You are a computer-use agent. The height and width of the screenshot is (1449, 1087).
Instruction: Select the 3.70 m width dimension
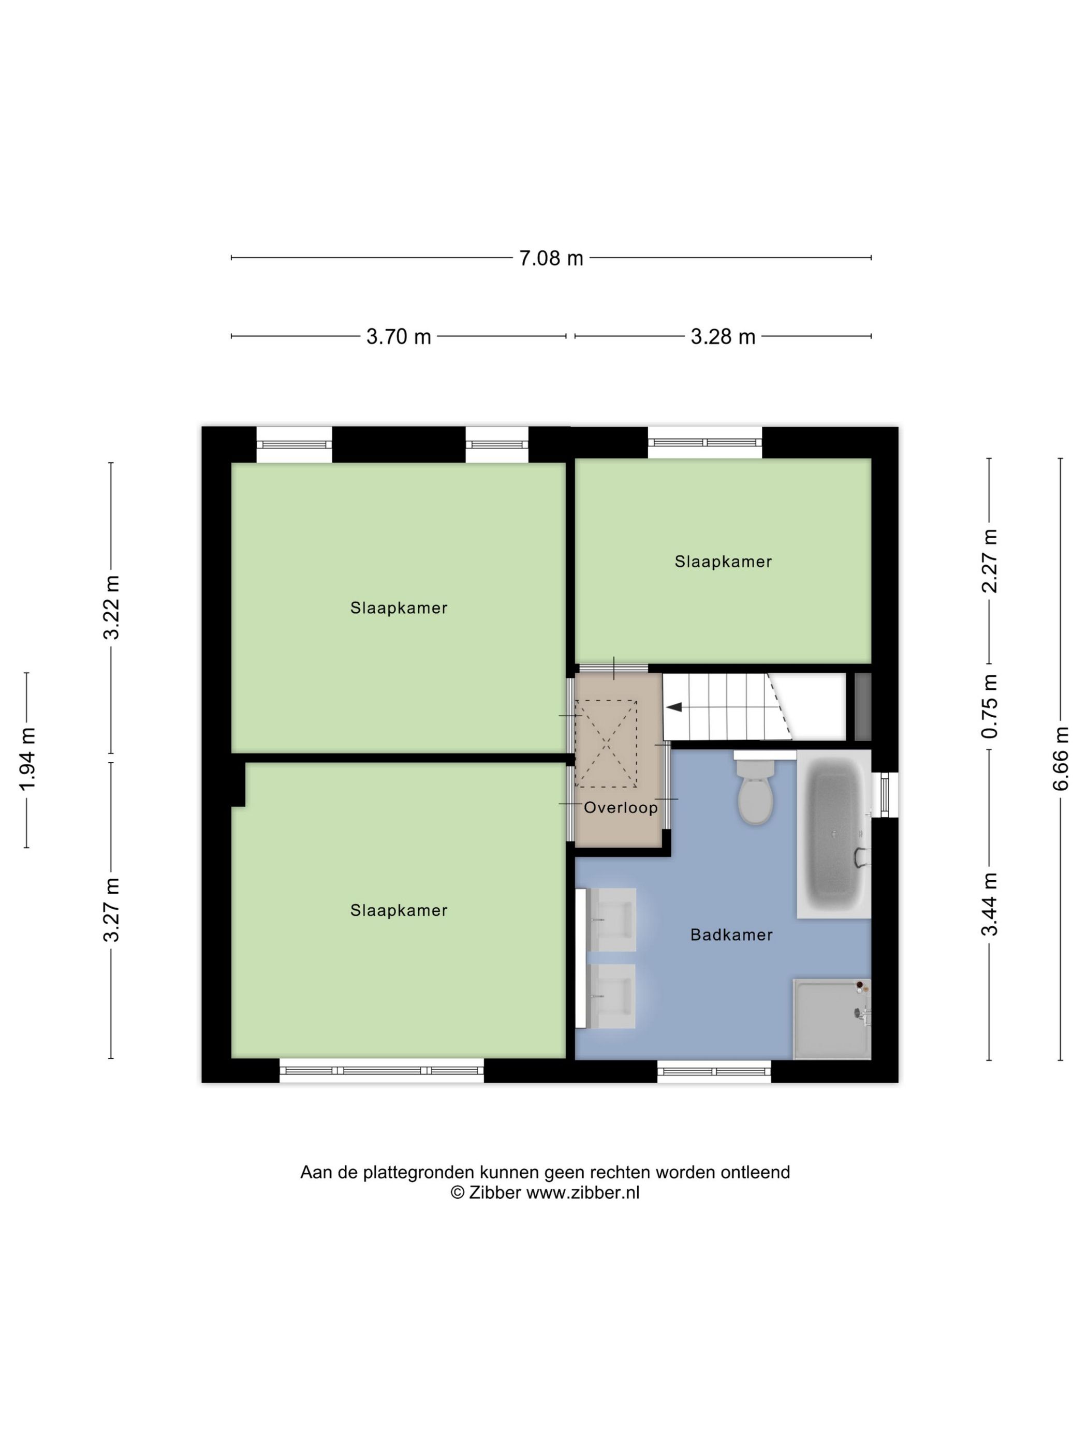tap(399, 337)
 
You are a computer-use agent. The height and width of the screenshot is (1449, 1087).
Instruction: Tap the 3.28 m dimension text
tap(723, 337)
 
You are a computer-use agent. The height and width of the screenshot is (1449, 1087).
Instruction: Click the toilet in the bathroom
tap(755, 791)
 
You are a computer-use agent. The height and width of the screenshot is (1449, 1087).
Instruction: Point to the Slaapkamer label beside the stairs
tap(723, 561)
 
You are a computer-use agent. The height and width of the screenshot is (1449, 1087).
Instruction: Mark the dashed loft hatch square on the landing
tap(606, 744)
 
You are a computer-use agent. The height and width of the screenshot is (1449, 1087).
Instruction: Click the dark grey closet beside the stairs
tap(862, 707)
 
